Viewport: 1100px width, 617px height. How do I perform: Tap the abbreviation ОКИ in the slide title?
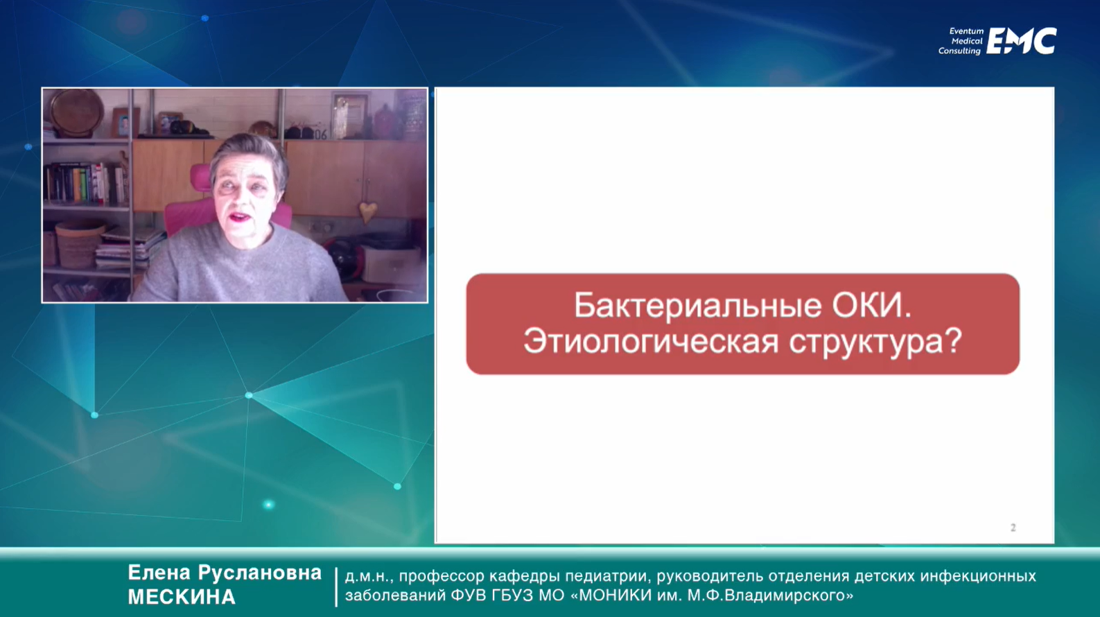click(872, 305)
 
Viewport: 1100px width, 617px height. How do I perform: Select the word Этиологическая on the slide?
click(651, 341)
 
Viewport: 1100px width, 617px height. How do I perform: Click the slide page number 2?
click(1013, 528)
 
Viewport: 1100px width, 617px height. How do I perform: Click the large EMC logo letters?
click(1022, 41)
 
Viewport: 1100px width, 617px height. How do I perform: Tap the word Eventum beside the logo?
click(966, 31)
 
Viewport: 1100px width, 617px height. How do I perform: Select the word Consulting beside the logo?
click(959, 51)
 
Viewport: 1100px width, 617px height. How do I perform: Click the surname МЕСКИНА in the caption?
click(182, 598)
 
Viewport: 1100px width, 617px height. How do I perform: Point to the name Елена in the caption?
click(159, 573)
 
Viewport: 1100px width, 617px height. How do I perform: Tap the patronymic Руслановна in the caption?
click(260, 573)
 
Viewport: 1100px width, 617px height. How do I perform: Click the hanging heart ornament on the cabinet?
click(368, 211)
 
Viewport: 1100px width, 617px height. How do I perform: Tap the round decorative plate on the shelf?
click(77, 112)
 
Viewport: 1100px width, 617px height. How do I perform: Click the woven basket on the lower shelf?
click(78, 245)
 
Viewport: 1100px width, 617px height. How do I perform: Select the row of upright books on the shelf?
click(86, 184)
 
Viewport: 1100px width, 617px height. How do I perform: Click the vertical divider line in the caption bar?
click(336, 587)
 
